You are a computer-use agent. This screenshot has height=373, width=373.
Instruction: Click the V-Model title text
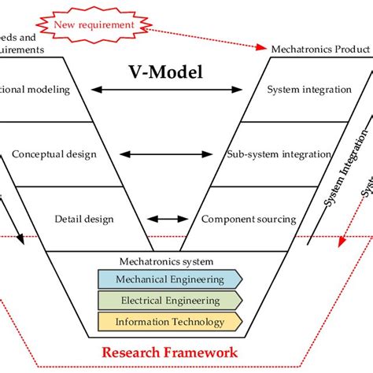pos(165,72)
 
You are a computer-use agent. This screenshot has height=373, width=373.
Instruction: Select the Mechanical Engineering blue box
pos(169,279)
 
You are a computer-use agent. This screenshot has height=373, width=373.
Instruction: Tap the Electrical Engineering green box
pos(169,301)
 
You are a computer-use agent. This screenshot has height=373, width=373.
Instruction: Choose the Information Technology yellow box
pos(169,322)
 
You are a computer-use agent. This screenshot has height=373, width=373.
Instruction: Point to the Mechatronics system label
pos(166,261)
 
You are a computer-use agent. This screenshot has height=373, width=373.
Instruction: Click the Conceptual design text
pos(54,154)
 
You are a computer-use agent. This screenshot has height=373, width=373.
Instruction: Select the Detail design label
pos(84,219)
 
